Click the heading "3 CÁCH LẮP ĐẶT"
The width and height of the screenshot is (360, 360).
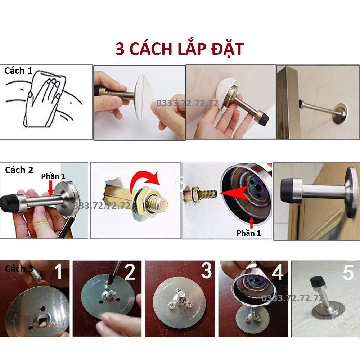click(180, 49)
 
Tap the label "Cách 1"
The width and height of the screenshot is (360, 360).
click(18, 71)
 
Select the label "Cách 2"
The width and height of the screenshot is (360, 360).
click(19, 170)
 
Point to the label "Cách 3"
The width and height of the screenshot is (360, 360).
click(19, 269)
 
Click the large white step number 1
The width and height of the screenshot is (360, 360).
click(59, 271)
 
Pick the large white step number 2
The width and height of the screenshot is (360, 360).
click(130, 272)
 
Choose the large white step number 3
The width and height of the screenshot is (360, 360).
click(206, 270)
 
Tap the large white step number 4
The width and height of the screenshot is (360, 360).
click(277, 272)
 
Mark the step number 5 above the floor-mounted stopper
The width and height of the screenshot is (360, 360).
click(348, 273)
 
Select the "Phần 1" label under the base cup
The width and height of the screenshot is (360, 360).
click(249, 233)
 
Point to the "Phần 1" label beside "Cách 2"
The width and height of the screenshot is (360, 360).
click(53, 176)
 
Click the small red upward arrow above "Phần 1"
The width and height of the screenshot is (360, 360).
click(252, 222)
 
